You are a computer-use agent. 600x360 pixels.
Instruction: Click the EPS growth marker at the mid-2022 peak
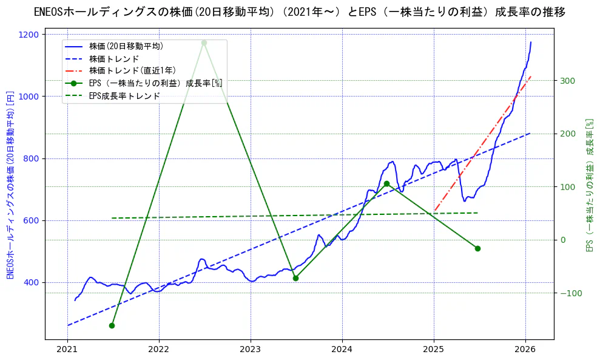pos(204,42)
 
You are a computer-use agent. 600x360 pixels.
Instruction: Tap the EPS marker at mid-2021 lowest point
pos(112,325)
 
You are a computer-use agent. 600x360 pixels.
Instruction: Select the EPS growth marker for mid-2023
pos(295,278)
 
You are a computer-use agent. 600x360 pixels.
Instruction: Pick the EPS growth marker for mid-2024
pos(386,183)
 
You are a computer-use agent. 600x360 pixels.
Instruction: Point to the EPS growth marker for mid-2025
pos(477,248)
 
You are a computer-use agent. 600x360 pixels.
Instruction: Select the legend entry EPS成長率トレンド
pos(124,95)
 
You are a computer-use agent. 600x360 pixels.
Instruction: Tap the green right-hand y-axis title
pos(588,185)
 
